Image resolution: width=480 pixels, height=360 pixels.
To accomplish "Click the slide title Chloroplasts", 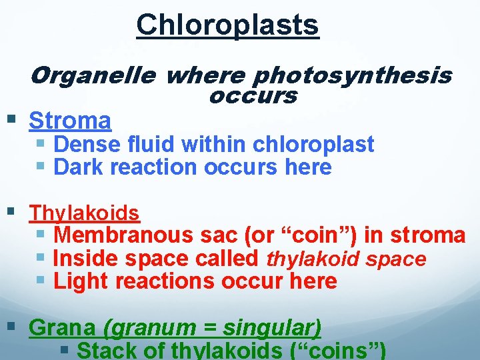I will click(227, 25).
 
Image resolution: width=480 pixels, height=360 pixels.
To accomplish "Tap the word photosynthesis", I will click(354, 77).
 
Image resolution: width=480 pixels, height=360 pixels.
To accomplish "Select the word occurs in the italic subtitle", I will click(253, 97).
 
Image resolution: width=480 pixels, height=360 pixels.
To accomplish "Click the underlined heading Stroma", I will click(70, 121).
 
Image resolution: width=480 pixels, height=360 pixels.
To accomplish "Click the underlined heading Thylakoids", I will click(84, 213).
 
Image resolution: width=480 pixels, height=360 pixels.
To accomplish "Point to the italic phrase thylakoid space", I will click(346, 259).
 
